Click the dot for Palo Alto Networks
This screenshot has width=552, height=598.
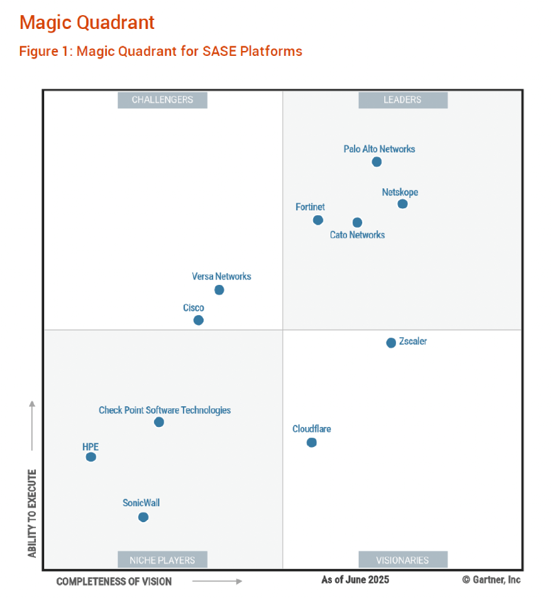(377, 162)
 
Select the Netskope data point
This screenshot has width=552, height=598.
(403, 204)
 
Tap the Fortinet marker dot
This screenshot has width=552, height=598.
(318, 220)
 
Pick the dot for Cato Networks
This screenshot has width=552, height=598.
(357, 222)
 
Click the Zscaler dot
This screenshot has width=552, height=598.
(391, 343)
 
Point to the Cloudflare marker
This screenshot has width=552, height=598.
(312, 442)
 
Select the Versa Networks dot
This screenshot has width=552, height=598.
(219, 290)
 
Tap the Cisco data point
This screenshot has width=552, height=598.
(199, 320)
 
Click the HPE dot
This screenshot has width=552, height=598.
(91, 457)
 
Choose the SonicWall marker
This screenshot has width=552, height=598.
(144, 517)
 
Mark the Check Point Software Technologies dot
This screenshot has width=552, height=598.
(159, 421)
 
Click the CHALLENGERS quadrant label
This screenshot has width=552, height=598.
(162, 100)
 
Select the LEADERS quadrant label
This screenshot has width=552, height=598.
(403, 100)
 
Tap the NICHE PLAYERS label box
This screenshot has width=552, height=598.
(162, 560)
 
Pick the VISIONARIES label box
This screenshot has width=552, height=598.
(403, 560)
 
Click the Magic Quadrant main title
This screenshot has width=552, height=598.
(87, 23)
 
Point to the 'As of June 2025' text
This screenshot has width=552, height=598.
(355, 579)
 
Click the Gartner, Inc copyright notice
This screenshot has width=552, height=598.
(491, 579)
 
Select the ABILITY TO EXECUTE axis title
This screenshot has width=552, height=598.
(32, 514)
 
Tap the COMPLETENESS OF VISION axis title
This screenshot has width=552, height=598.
(114, 581)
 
